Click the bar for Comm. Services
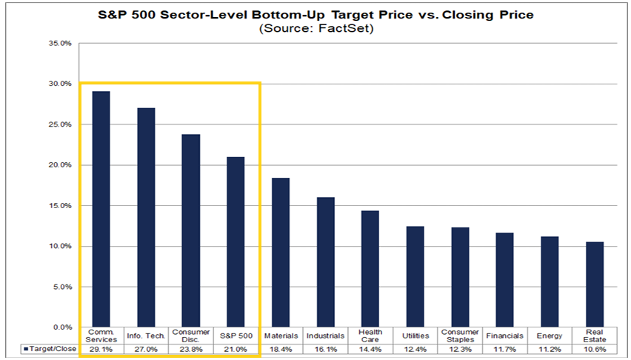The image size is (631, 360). pos(101,209)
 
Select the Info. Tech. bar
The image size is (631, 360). pos(146,218)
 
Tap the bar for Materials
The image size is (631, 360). pos(281,253)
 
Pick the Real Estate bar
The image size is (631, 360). pos(595,284)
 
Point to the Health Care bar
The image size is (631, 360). pos(370,269)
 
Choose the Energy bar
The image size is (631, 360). pos(550,282)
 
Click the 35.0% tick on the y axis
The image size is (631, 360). pos(61,43)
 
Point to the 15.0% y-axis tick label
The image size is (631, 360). pos(61,206)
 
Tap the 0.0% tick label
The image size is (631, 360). pos(62,327)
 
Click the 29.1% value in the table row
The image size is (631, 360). pos(101,349)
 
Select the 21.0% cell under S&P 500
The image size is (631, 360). pos(236,349)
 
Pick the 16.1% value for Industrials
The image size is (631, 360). pos(325,349)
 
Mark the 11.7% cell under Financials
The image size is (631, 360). pos(504,349)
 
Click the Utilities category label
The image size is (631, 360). pos(415,336)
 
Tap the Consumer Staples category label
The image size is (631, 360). pos(460,336)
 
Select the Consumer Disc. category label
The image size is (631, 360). pos(191,336)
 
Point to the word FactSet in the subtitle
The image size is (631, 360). pos(345,29)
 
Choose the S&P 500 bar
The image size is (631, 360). pos(236,242)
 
